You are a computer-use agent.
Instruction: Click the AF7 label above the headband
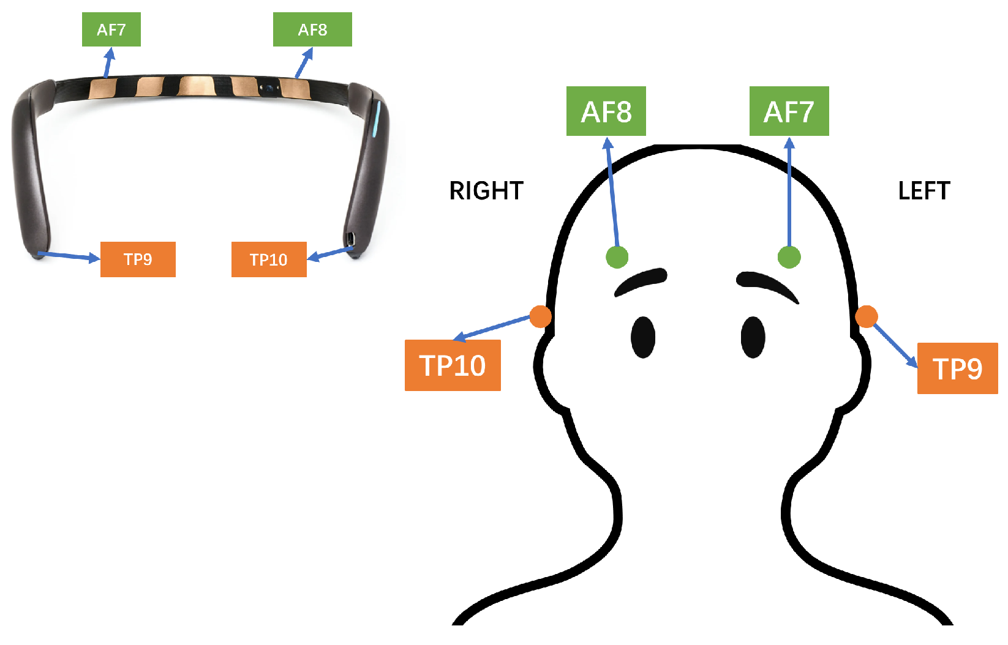click(x=111, y=29)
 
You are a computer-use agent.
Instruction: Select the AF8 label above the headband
click(x=312, y=29)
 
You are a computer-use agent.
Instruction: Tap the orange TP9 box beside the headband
click(x=138, y=259)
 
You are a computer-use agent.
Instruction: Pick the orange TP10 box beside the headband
click(x=269, y=259)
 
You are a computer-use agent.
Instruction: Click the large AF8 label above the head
click(x=606, y=111)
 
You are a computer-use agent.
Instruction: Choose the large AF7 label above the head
click(x=789, y=111)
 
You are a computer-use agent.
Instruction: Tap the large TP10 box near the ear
click(x=453, y=365)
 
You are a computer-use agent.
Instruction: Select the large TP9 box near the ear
click(x=957, y=368)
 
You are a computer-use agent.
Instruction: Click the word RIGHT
click(x=486, y=191)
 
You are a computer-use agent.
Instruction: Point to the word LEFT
click(x=924, y=191)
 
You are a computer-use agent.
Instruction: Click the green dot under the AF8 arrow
click(x=617, y=257)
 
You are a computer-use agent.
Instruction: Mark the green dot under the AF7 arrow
click(x=789, y=257)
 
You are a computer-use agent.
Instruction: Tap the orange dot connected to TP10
click(x=540, y=316)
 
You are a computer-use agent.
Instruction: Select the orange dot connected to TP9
click(x=866, y=316)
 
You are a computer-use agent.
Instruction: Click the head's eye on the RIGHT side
click(x=643, y=337)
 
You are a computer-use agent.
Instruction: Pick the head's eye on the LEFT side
click(x=753, y=337)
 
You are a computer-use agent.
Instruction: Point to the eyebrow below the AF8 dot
click(x=641, y=281)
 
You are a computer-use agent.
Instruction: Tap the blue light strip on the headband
click(x=378, y=119)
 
